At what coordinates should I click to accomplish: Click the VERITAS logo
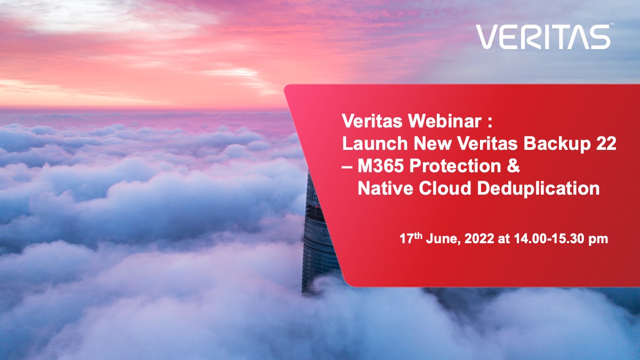click(543, 37)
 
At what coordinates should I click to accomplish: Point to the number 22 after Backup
click(606, 143)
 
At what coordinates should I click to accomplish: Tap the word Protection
click(455, 166)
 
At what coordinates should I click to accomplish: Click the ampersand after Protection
click(514, 166)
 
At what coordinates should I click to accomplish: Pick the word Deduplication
click(539, 189)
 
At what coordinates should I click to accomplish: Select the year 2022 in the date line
click(479, 239)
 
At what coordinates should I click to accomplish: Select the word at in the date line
click(504, 239)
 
